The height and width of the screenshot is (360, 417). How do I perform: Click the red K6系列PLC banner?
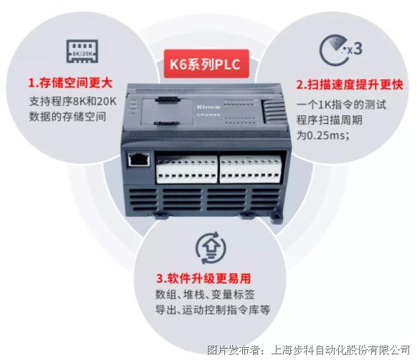(206, 64)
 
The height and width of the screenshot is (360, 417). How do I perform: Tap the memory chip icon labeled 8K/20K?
(82, 52)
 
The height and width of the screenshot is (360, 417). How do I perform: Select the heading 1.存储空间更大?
(70, 83)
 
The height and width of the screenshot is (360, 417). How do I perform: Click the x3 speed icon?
(340, 50)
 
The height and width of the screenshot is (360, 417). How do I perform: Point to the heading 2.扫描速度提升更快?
(350, 84)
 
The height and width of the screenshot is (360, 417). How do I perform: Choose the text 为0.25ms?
(322, 135)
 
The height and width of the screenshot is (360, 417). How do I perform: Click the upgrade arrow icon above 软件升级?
(211, 248)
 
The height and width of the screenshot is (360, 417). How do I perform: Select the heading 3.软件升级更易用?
(203, 278)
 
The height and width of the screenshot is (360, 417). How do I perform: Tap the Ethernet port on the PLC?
(139, 160)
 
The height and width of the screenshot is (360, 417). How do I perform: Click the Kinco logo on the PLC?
(208, 107)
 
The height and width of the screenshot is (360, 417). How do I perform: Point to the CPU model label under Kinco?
(208, 115)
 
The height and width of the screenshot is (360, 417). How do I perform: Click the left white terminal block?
(187, 169)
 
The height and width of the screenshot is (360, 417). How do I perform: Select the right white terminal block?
(251, 169)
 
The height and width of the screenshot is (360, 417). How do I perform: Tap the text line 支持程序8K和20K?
(72, 101)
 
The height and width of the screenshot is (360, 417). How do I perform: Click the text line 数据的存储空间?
(67, 117)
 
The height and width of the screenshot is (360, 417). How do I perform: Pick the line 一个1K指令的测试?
(341, 104)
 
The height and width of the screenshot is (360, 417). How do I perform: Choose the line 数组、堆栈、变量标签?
(205, 294)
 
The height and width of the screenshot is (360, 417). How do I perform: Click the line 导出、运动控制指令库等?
(213, 310)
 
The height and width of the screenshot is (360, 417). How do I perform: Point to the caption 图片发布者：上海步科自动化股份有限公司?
(308, 350)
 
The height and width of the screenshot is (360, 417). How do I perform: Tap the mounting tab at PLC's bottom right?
(277, 217)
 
